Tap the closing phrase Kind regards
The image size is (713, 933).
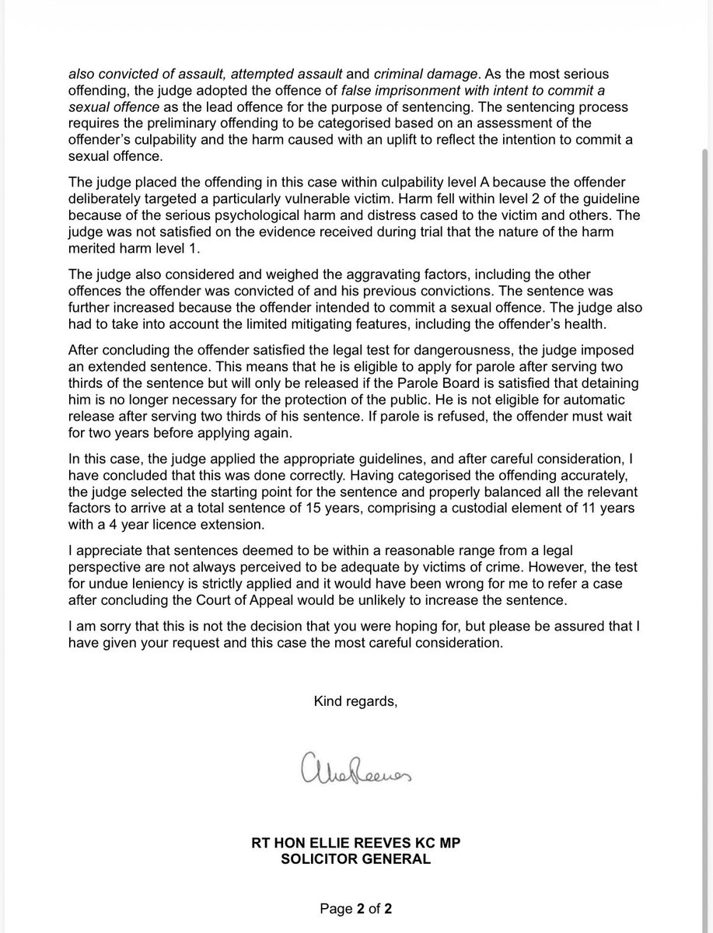coord(356,701)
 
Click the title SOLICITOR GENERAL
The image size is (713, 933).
coord(356,859)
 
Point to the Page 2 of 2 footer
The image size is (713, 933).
coord(356,908)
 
